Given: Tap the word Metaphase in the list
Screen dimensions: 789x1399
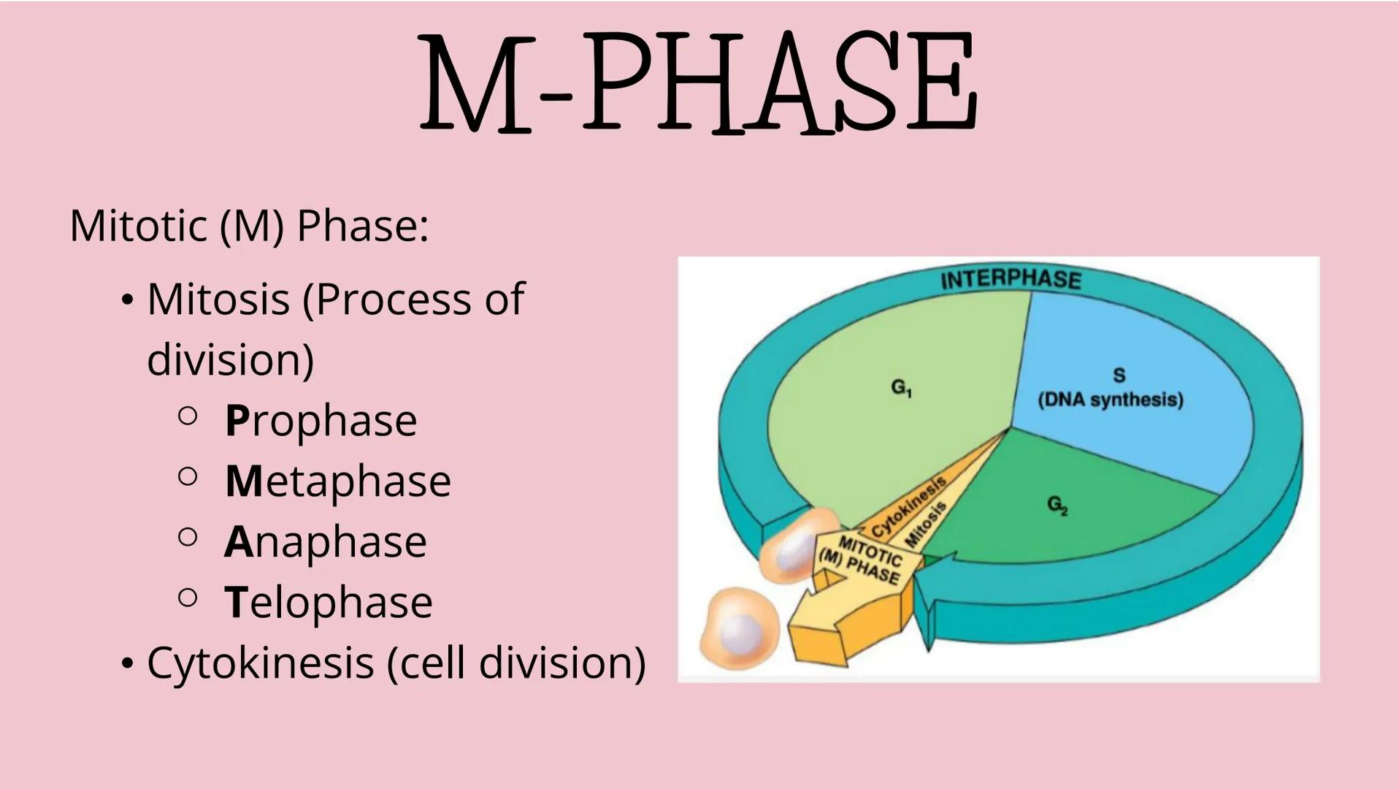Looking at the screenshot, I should (337, 481).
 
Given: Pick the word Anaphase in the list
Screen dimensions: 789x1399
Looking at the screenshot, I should (325, 541).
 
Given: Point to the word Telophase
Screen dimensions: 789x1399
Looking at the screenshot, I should (328, 602).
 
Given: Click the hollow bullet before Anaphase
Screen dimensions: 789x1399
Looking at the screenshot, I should (188, 538).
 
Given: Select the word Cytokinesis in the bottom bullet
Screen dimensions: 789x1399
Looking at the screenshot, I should (260, 663).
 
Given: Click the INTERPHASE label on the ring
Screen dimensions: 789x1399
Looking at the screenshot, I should (1011, 280).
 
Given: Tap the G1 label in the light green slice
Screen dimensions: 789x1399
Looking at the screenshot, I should (902, 387).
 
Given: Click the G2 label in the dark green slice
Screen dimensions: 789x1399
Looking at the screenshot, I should (1057, 505).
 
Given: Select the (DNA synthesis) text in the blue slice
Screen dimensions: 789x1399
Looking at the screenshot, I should (1110, 400).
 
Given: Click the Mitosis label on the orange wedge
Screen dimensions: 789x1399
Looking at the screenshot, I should (926, 525).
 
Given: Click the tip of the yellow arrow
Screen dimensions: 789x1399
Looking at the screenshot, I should (800, 636).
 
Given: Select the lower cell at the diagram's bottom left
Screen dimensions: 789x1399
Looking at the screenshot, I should (737, 630).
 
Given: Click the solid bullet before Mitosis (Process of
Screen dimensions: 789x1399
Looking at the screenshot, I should (128, 300).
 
